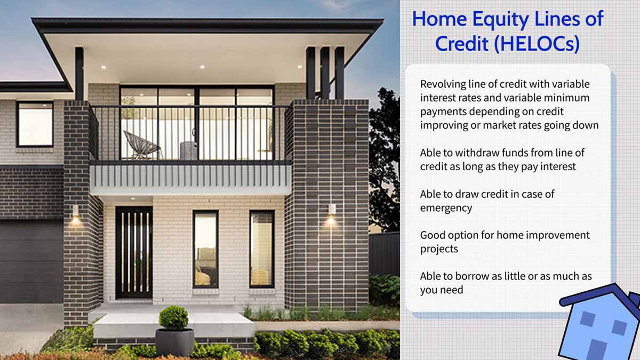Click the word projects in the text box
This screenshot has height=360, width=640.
[x=439, y=249]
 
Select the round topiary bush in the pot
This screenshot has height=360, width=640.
[x=173, y=318]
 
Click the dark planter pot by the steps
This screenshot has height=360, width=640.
[x=174, y=342]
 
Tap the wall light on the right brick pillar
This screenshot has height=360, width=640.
[x=331, y=210]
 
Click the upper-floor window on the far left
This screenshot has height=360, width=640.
[x=35, y=124]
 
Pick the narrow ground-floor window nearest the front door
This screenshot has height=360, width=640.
[x=205, y=249]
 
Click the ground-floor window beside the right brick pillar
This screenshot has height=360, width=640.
[x=261, y=249]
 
